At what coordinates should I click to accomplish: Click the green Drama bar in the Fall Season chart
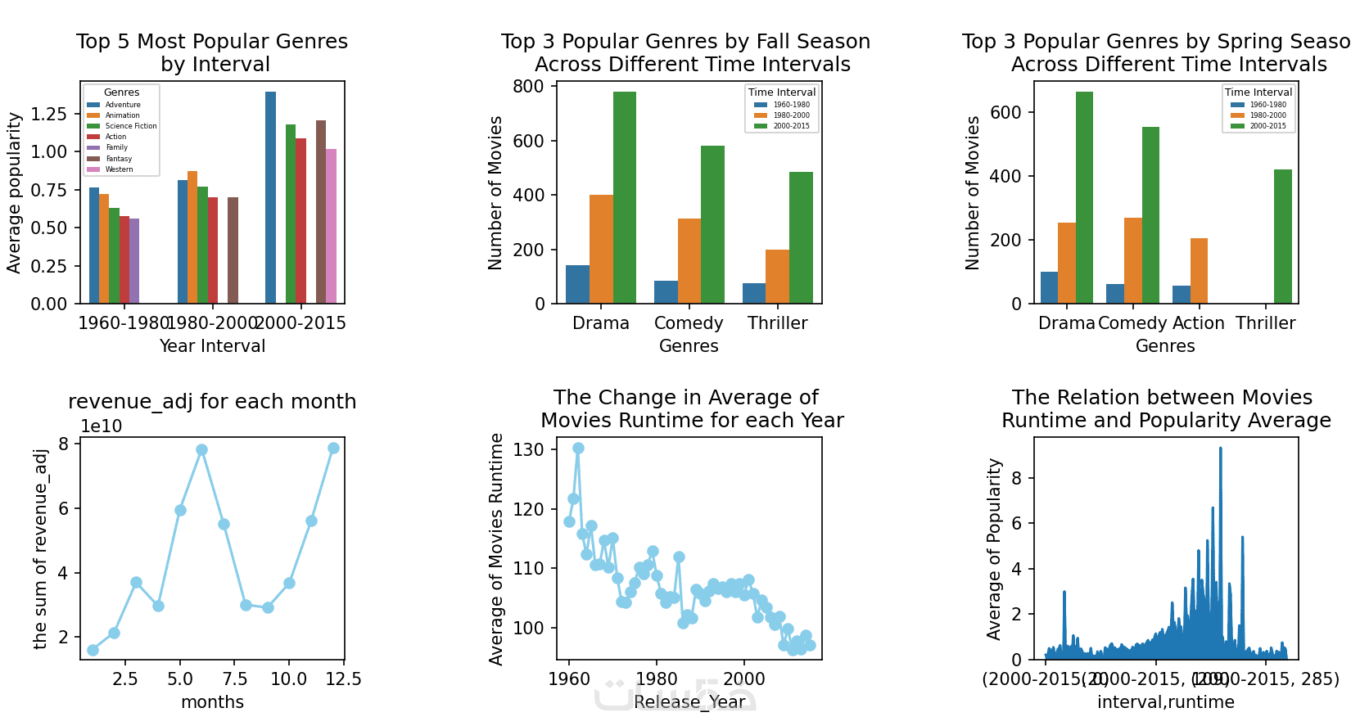tap(625, 197)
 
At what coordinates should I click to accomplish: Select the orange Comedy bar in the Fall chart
tap(689, 261)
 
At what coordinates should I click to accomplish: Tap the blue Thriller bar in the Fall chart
tap(754, 294)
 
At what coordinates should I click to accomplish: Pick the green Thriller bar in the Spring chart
tap(1283, 237)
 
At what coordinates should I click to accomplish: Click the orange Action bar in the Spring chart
tap(1199, 271)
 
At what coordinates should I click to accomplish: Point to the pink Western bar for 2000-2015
tap(331, 226)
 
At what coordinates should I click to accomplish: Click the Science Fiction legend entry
tap(130, 126)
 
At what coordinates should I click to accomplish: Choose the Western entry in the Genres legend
tap(119, 169)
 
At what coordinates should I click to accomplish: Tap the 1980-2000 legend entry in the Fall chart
tap(791, 115)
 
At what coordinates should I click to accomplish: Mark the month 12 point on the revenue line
tap(333, 448)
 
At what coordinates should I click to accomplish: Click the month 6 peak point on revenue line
tap(201, 449)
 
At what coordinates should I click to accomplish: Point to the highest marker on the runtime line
tap(578, 448)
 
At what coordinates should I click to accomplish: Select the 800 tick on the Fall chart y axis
tap(528, 87)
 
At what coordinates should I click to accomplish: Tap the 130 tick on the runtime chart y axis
tap(528, 449)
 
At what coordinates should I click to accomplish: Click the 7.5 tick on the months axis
tap(235, 679)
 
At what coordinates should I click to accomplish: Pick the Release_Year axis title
tap(689, 702)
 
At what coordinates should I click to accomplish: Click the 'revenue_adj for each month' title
tap(212, 402)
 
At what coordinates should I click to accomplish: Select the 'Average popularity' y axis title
tap(14, 193)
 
